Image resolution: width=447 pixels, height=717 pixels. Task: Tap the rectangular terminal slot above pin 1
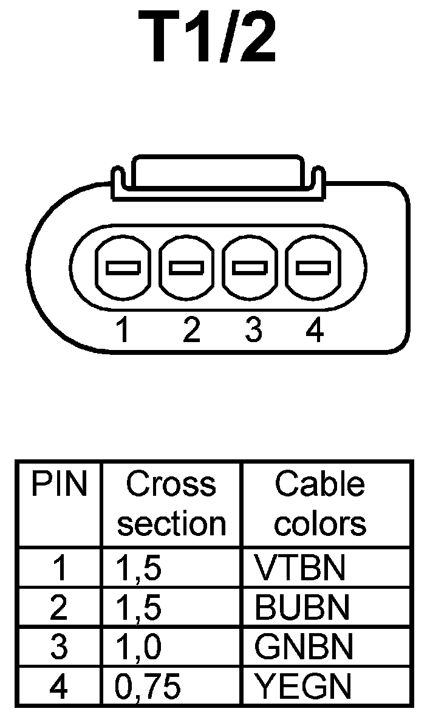pyautogui.click(x=123, y=267)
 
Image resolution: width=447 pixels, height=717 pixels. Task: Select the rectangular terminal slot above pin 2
pyautogui.click(x=186, y=267)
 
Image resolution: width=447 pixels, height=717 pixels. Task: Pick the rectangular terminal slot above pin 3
pyautogui.click(x=250, y=267)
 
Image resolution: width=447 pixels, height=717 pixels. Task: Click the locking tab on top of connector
pyautogui.click(x=217, y=175)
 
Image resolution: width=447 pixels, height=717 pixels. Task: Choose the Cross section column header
pyautogui.click(x=171, y=504)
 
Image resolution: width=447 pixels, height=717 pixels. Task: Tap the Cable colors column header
pyautogui.click(x=320, y=504)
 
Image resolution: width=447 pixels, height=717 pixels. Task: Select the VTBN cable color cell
pyautogui.click(x=300, y=568)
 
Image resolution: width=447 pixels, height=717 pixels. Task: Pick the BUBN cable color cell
pyautogui.click(x=302, y=607)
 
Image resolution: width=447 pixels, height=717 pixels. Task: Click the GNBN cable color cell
pyautogui.click(x=303, y=647)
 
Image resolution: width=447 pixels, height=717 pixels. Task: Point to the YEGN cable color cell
pyautogui.click(x=302, y=686)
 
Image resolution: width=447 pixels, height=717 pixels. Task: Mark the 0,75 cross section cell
pyautogui.click(x=148, y=686)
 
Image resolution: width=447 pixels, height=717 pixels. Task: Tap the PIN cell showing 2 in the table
pyautogui.click(x=58, y=607)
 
